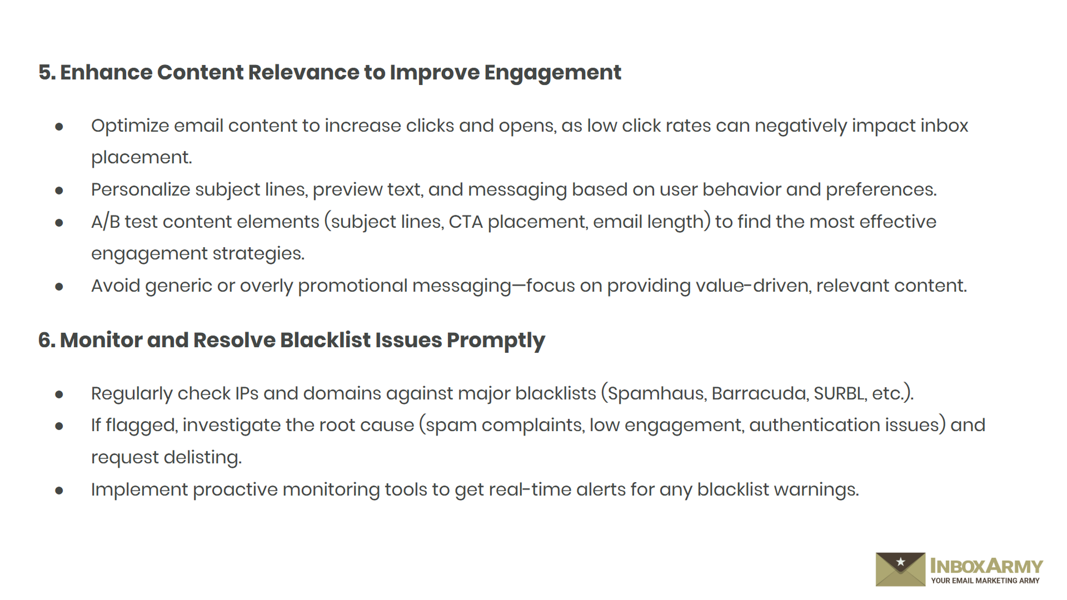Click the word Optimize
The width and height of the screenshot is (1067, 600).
130,127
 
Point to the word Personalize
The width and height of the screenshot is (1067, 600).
141,190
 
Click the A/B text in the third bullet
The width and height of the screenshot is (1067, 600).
106,222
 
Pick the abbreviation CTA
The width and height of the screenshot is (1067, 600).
466,222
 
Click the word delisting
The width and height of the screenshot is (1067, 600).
203,458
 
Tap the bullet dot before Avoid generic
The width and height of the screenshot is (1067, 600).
59,287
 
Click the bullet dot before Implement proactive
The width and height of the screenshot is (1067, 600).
59,491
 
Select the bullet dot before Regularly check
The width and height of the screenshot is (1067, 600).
59,394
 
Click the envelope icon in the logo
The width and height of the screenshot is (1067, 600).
900,569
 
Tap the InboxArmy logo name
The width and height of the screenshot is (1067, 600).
986,566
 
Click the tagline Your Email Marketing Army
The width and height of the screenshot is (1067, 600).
985,581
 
